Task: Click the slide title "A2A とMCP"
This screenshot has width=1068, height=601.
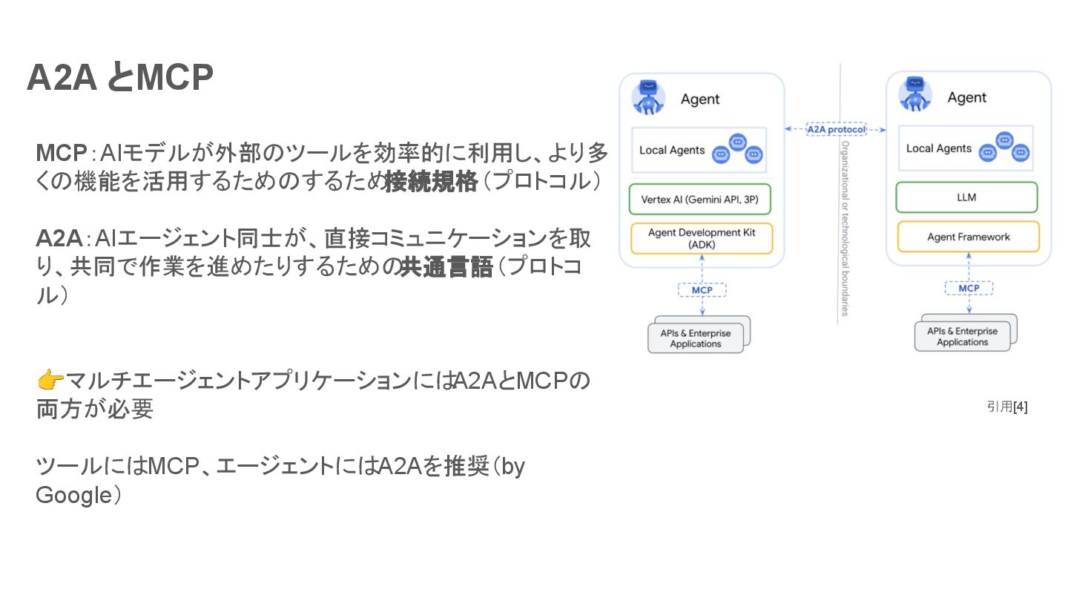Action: click(x=120, y=77)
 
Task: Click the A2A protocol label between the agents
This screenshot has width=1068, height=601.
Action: click(x=836, y=129)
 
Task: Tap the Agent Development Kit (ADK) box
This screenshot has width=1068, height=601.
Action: click(x=701, y=238)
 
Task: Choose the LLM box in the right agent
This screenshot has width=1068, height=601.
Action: click(x=966, y=197)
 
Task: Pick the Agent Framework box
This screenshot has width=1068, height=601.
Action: click(x=968, y=237)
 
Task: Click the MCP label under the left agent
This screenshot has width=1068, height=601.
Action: click(x=702, y=290)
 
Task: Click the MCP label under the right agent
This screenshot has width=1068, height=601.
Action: click(x=969, y=288)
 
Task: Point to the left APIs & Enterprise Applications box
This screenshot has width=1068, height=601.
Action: click(x=696, y=338)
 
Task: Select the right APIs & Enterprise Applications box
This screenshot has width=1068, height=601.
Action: click(x=962, y=337)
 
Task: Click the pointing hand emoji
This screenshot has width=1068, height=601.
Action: click(x=50, y=381)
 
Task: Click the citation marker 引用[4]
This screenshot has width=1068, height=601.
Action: click(x=1006, y=407)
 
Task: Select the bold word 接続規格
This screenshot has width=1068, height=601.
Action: click(x=430, y=182)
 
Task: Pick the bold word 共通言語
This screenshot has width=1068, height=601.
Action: click(x=446, y=267)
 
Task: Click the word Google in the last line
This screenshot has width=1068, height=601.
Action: click(x=72, y=495)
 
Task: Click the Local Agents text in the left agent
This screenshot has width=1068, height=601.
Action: click(x=672, y=150)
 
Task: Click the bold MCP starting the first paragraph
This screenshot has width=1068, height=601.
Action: click(x=62, y=154)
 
